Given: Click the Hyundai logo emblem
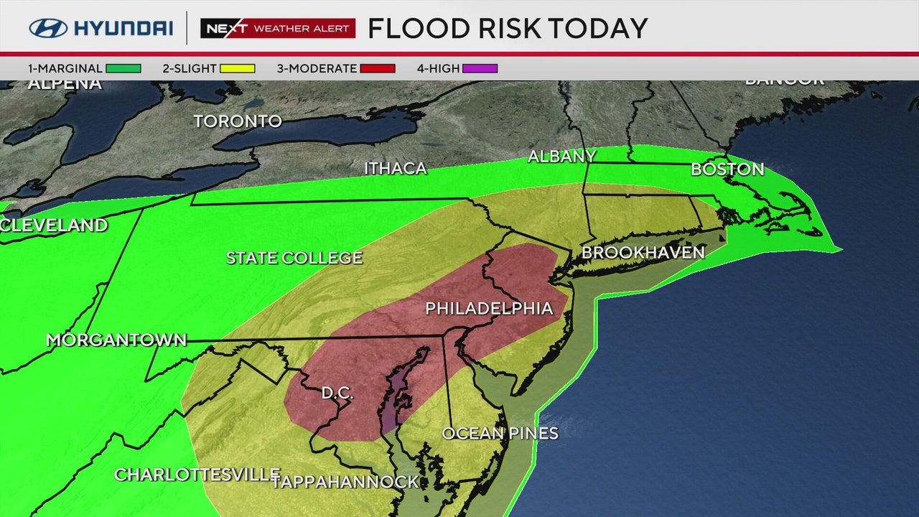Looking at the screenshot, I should [x=48, y=28].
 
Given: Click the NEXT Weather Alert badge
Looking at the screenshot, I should [x=278, y=28].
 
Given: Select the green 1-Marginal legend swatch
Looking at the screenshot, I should [x=123, y=69].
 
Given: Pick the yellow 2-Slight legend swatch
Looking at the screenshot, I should [x=237, y=69].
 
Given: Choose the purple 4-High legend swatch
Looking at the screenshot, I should [x=480, y=69].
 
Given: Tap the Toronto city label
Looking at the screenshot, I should [x=238, y=121].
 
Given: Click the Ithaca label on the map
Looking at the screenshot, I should [x=395, y=169].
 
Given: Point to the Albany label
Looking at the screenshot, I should [x=561, y=157].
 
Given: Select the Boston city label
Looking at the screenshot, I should [x=727, y=169].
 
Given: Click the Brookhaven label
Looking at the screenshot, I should [x=643, y=253].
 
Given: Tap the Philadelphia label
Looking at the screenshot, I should [x=489, y=309].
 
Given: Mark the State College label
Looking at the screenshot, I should [x=294, y=258].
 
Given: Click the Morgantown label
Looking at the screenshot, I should [x=116, y=340].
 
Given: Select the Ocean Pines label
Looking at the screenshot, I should [x=500, y=433].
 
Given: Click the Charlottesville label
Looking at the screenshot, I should [x=197, y=475].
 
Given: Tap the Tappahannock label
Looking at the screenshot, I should [x=345, y=482].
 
